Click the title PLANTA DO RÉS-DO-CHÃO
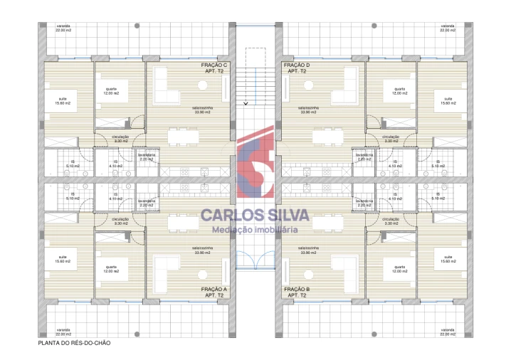click(74, 342)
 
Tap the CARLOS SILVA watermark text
click(255, 216)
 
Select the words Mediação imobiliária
click(255, 229)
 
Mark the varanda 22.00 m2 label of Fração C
click(64, 28)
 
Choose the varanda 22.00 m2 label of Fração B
click(446, 332)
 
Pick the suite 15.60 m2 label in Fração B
click(447, 259)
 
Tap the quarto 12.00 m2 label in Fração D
click(398, 92)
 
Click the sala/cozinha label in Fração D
click(308, 110)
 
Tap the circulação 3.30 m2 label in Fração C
click(120, 139)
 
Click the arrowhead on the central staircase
click(246, 103)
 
